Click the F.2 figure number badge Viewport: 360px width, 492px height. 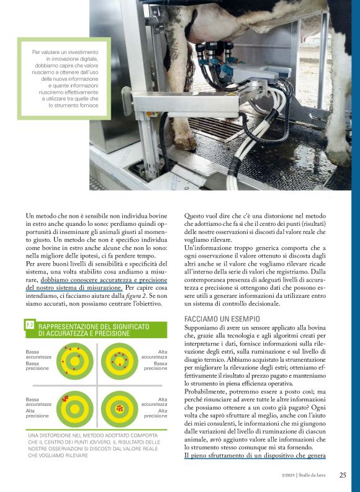click(x=29, y=324)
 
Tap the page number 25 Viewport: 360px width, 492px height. click(x=343, y=476)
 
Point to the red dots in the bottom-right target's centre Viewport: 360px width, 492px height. click(x=119, y=408)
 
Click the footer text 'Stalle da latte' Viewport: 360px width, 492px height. click(x=316, y=476)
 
